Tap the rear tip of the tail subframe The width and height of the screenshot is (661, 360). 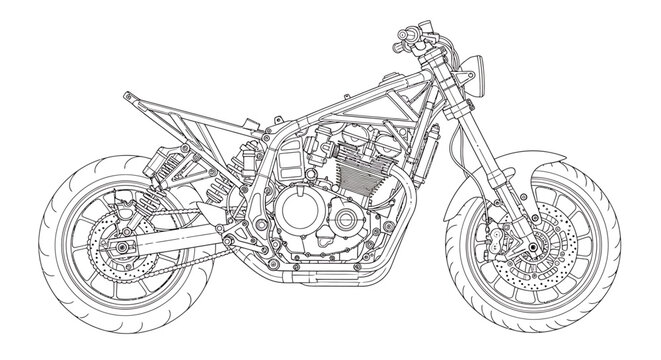127,95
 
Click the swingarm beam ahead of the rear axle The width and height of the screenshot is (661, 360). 180,239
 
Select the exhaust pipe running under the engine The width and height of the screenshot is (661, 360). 330,271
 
